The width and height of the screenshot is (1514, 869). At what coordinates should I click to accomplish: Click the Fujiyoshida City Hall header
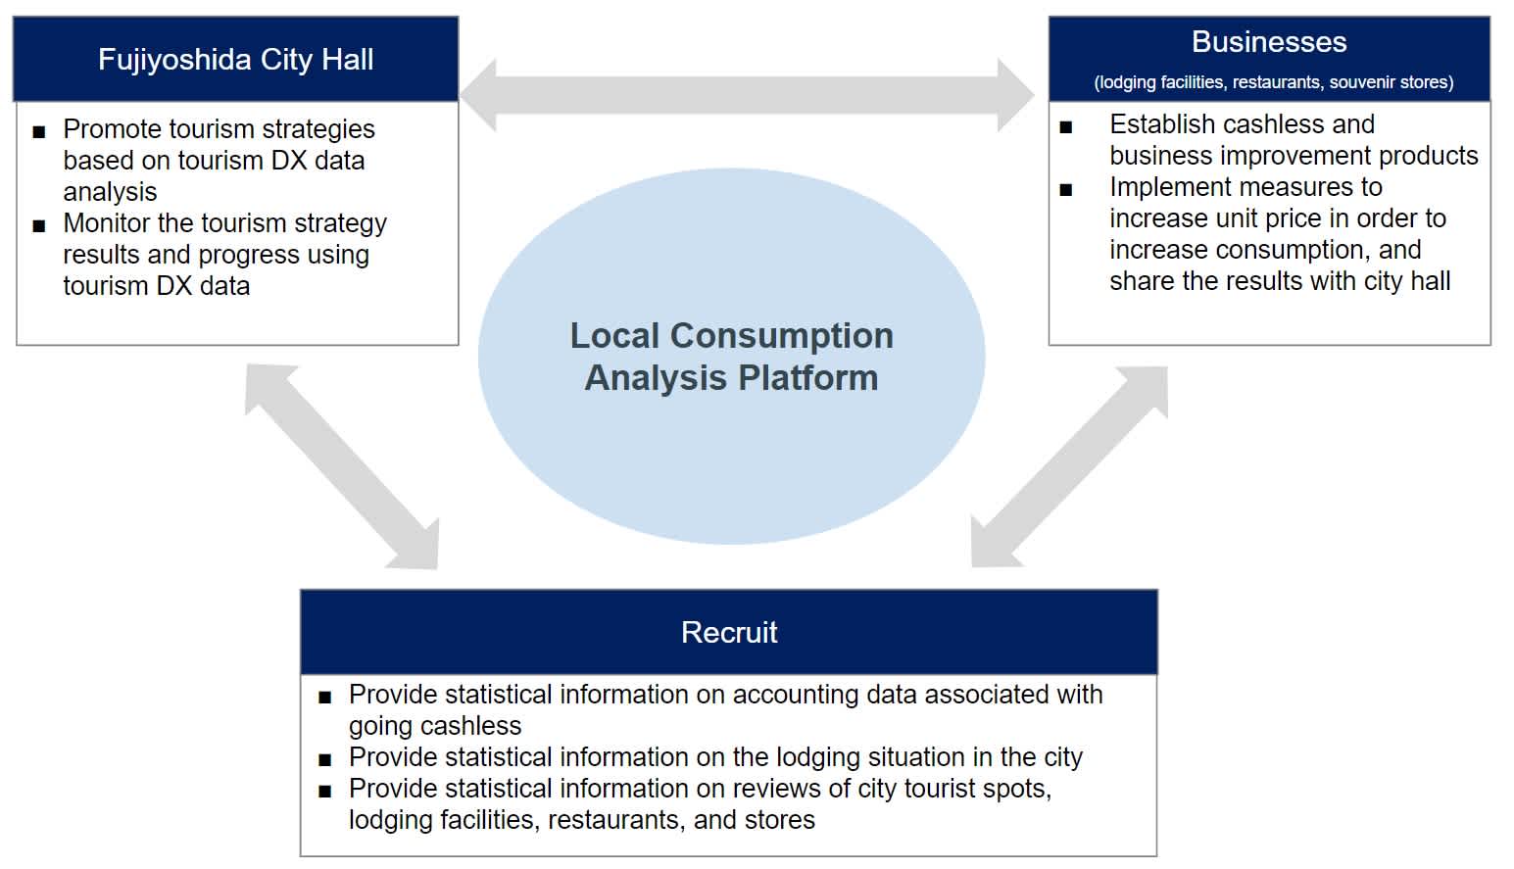pyautogui.click(x=235, y=60)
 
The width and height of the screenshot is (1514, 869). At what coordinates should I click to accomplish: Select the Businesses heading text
pyautogui.click(x=1268, y=42)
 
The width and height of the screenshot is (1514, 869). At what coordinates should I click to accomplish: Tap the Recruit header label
pyautogui.click(x=729, y=633)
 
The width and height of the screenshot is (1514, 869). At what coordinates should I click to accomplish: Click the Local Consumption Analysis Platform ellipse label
pyautogui.click(x=731, y=357)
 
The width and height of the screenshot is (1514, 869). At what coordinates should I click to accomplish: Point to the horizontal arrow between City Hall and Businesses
pyautogui.click(x=747, y=94)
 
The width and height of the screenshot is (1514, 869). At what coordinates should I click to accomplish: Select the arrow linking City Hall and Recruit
pyautogui.click(x=341, y=466)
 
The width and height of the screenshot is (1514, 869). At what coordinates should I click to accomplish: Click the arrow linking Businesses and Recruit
pyautogui.click(x=1070, y=466)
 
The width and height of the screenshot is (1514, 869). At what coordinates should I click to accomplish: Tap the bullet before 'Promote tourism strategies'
pyautogui.click(x=39, y=131)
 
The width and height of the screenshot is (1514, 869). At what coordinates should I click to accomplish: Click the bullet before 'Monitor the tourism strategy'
pyautogui.click(x=39, y=225)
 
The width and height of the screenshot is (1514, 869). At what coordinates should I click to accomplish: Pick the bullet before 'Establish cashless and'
pyautogui.click(x=1066, y=127)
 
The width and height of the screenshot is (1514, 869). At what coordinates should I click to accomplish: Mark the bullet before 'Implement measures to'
pyautogui.click(x=1066, y=190)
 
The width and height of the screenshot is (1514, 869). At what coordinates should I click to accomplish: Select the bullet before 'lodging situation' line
pyautogui.click(x=325, y=759)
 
